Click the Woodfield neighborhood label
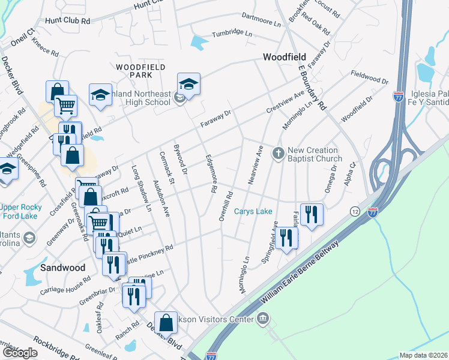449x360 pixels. tap(285, 57)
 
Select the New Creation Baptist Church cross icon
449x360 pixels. tap(278, 154)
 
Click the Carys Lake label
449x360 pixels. tap(253, 211)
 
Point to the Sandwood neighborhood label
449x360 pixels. tap(63, 268)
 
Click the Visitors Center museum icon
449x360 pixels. tap(262, 318)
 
